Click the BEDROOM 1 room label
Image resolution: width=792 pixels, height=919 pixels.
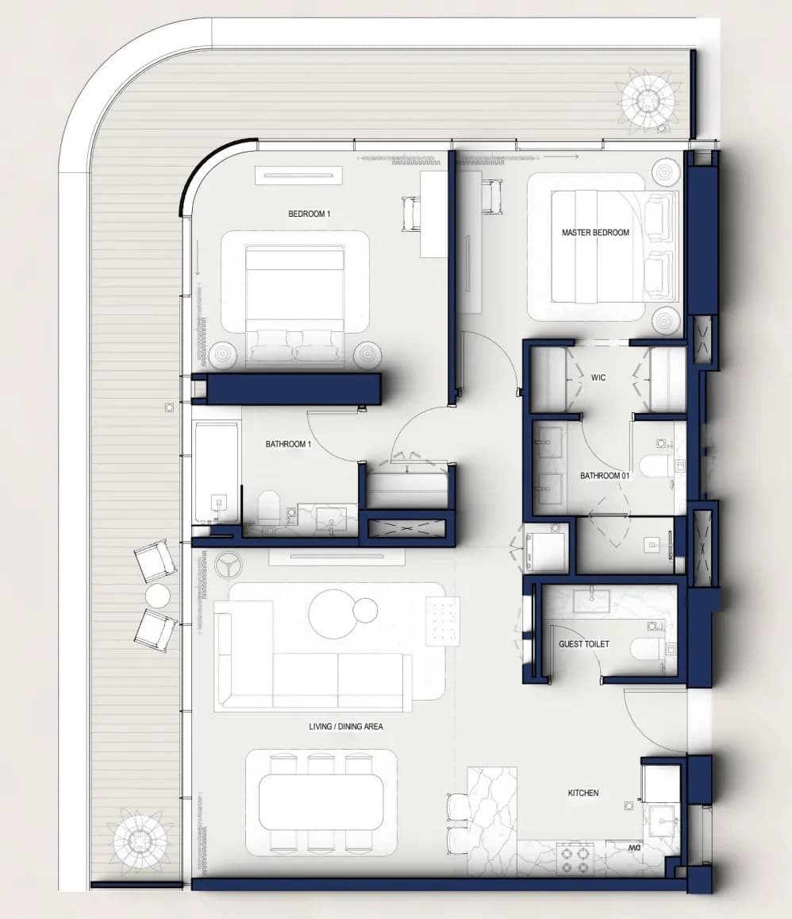[x=309, y=214]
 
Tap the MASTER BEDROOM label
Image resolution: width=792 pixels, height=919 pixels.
[x=595, y=233]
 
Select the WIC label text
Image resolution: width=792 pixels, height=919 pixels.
[x=598, y=377]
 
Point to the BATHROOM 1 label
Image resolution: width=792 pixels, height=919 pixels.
[x=288, y=444]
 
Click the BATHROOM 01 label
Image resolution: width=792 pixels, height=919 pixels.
[x=605, y=476]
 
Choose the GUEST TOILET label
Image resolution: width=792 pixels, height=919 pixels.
[x=583, y=644]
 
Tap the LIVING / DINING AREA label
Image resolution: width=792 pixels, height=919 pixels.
[x=346, y=727]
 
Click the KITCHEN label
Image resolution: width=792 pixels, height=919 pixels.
[x=583, y=793]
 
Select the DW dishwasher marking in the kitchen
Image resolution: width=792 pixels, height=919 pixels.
[x=634, y=848]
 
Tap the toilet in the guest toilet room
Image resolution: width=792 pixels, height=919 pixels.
[x=647, y=650]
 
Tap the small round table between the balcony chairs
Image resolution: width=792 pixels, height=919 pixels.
[x=157, y=597]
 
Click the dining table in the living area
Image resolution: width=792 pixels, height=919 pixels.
[x=320, y=801]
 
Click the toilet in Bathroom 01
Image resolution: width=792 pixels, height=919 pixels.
[x=655, y=467]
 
